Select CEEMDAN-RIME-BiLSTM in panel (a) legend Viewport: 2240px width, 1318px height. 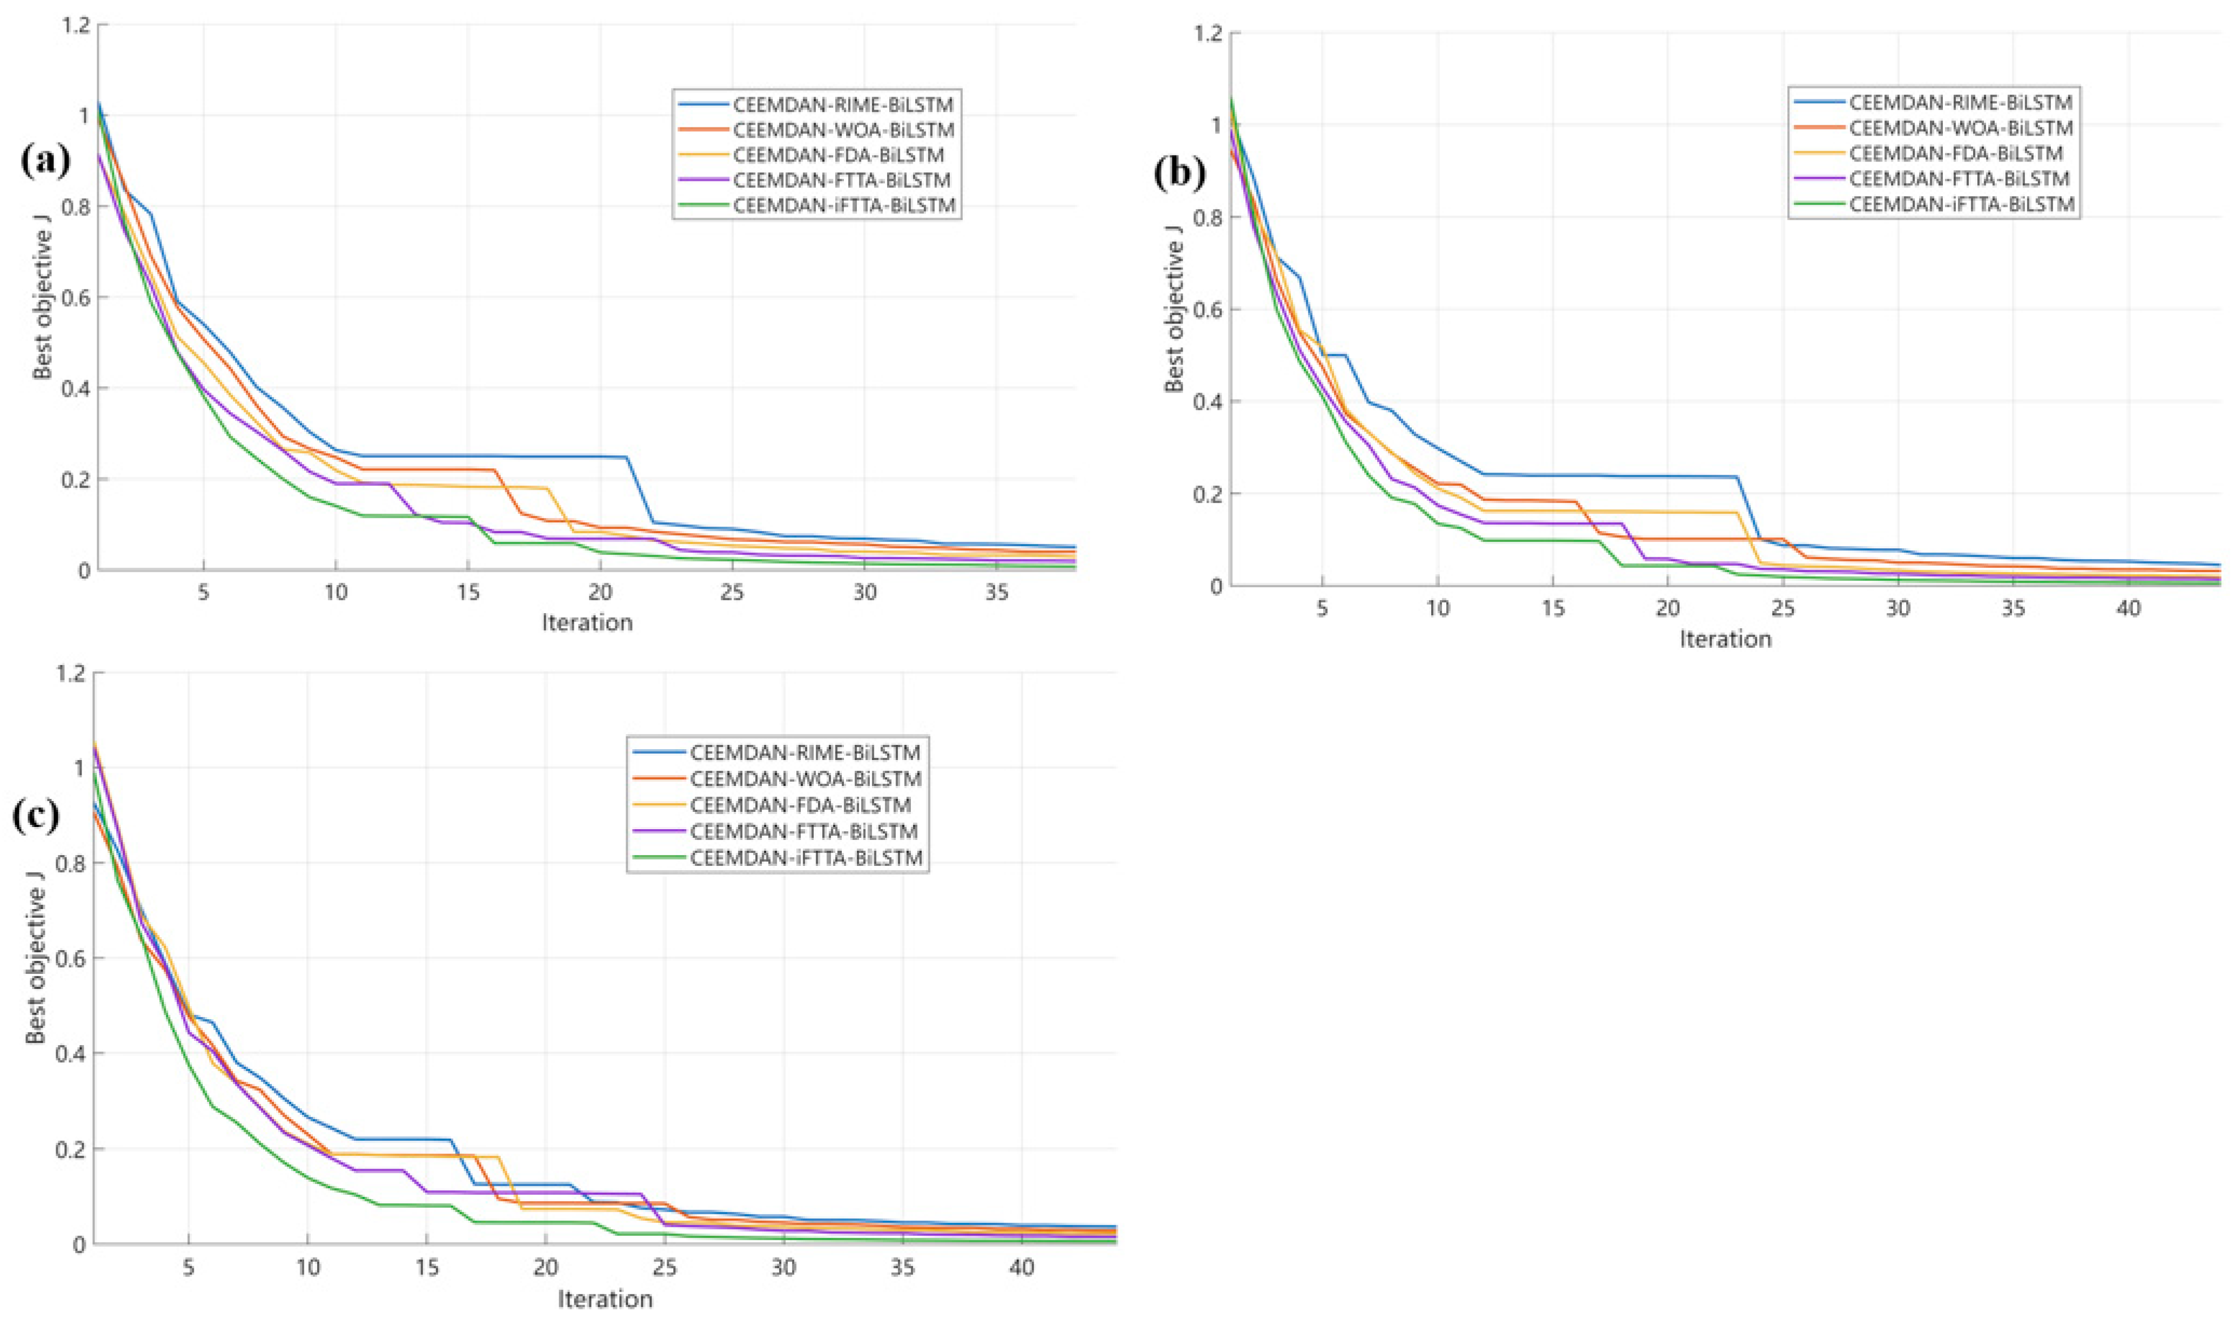point(843,104)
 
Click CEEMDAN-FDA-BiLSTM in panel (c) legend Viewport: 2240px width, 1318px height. point(800,805)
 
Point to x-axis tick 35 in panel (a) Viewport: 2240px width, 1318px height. point(997,592)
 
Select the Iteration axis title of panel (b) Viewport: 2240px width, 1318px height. point(1725,639)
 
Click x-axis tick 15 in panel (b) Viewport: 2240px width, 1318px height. point(1552,609)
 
